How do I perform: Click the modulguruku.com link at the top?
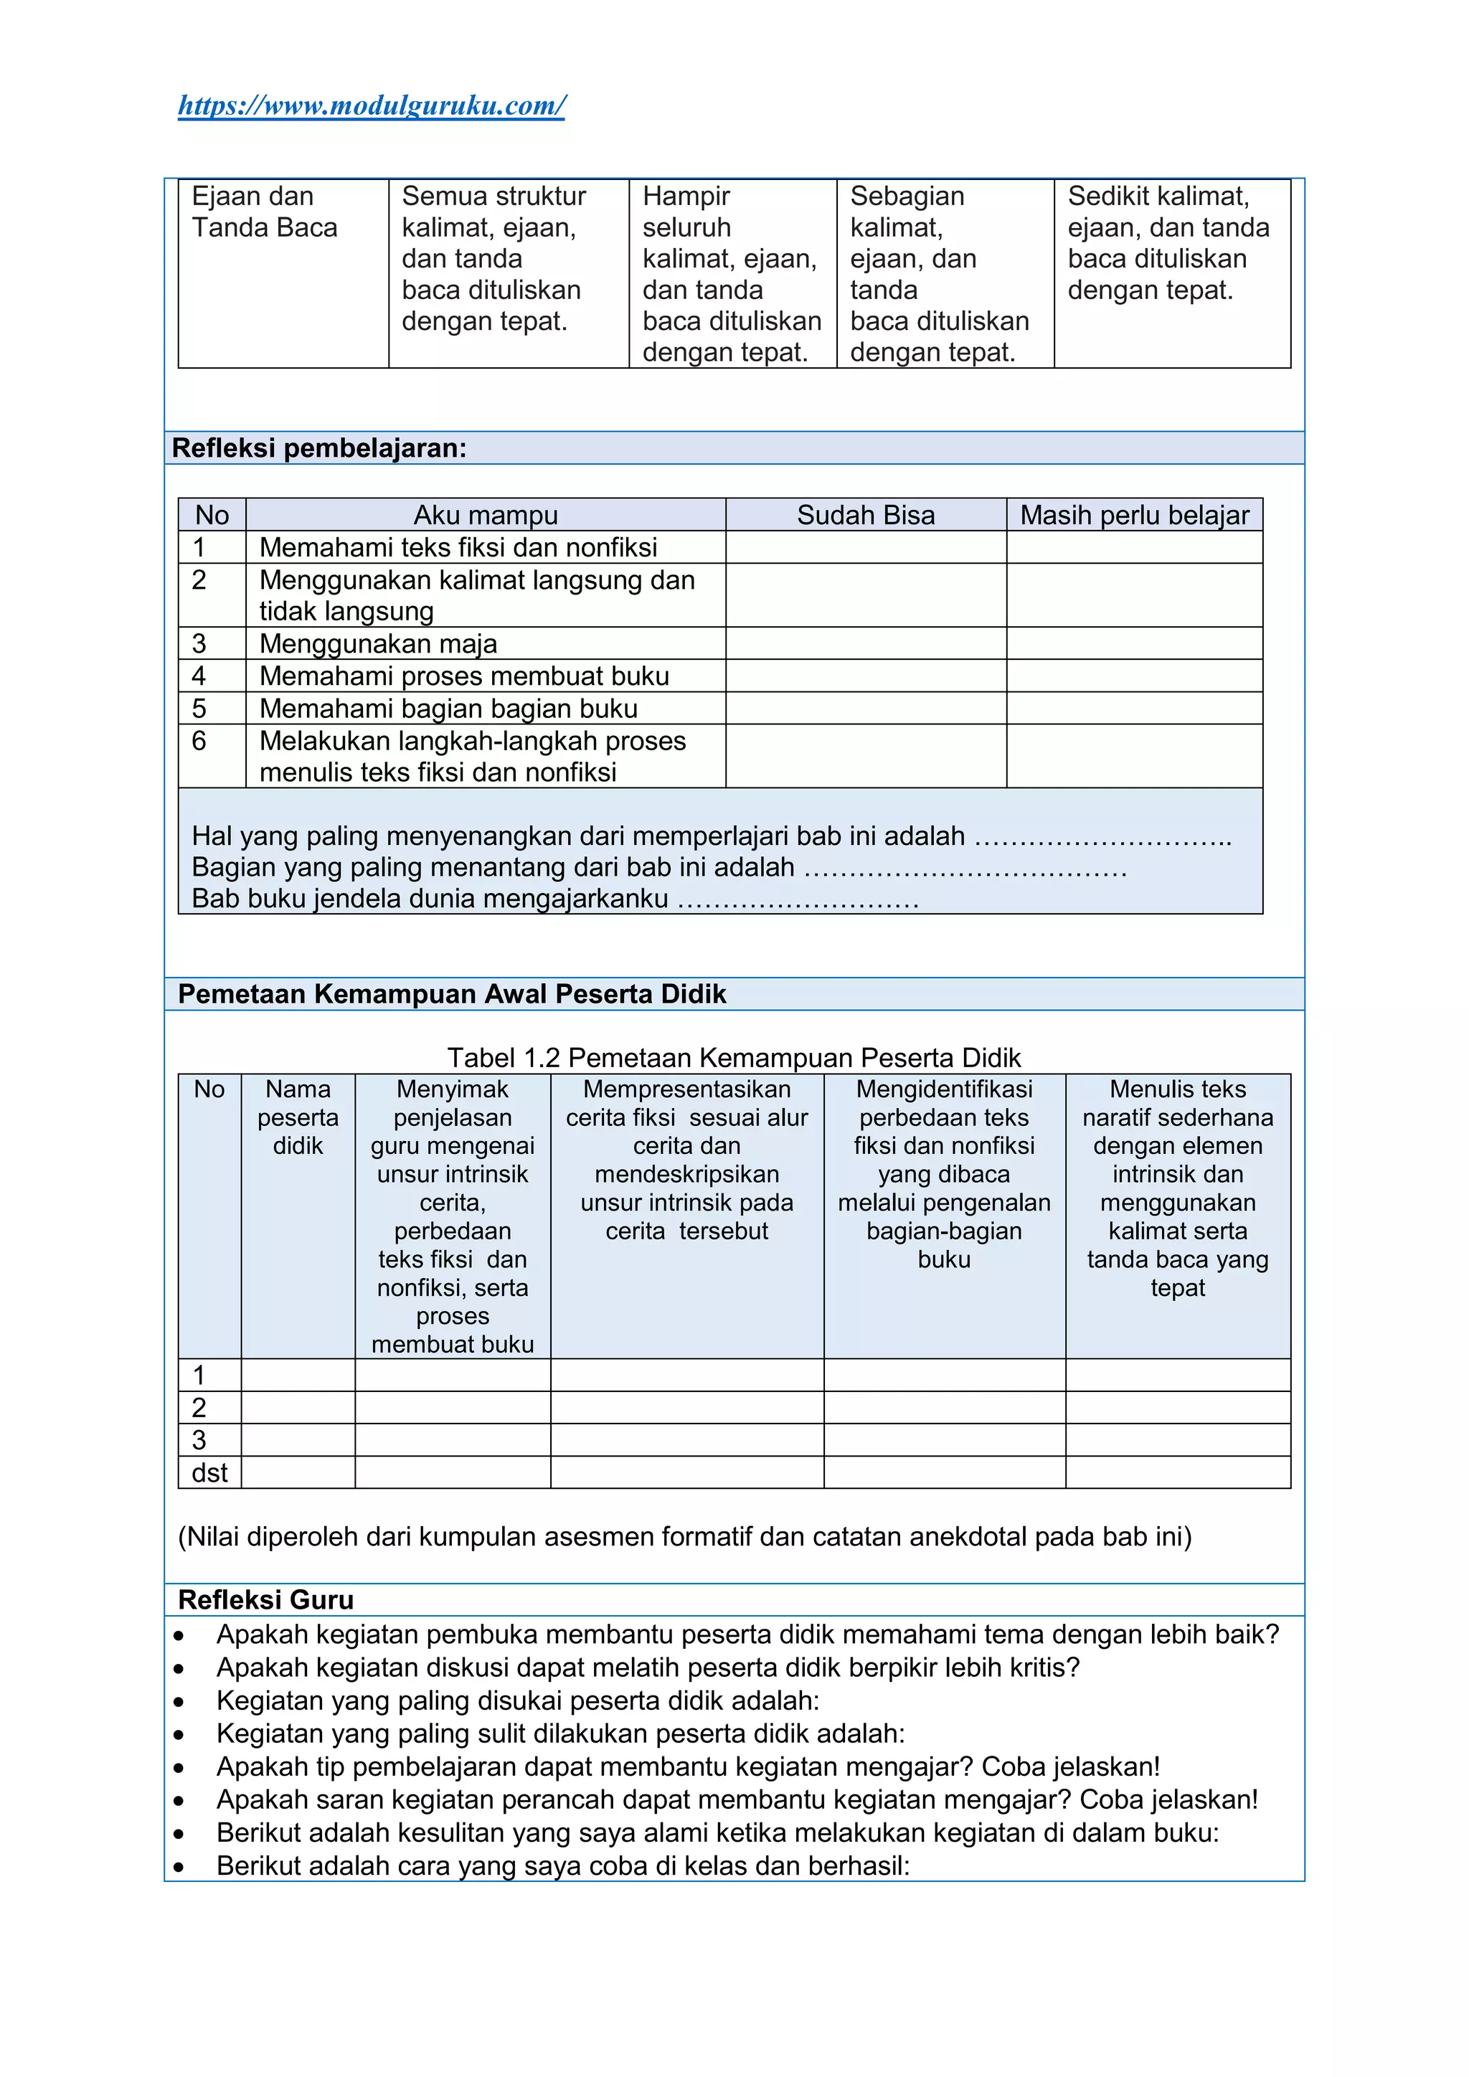pyautogui.click(x=371, y=106)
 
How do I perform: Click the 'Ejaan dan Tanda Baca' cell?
pyautogui.click(x=264, y=212)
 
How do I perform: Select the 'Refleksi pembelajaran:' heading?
pyautogui.click(x=319, y=448)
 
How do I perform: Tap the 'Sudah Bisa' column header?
pyautogui.click(x=865, y=515)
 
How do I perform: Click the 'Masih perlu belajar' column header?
pyautogui.click(x=1133, y=515)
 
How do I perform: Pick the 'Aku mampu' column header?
pyautogui.click(x=486, y=515)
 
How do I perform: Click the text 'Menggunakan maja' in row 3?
pyautogui.click(x=378, y=643)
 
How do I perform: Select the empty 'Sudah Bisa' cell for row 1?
pyautogui.click(x=865, y=547)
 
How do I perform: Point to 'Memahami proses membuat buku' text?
pyautogui.click(x=464, y=676)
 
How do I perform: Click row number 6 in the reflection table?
pyautogui.click(x=199, y=741)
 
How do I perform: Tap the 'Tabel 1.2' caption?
pyautogui.click(x=734, y=1057)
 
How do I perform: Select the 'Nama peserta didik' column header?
pyautogui.click(x=298, y=1117)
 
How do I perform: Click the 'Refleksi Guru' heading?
pyautogui.click(x=266, y=1599)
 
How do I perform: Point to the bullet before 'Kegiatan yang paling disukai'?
pyautogui.click(x=179, y=1702)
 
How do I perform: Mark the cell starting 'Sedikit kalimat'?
pyautogui.click(x=1168, y=242)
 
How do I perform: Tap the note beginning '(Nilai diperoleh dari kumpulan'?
pyautogui.click(x=685, y=1537)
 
